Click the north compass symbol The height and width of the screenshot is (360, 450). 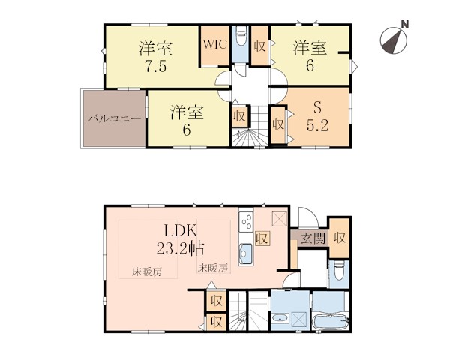(394, 40)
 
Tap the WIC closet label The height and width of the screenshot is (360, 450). (215, 44)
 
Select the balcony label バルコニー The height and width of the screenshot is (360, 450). (115, 118)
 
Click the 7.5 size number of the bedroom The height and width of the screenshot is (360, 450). (155, 67)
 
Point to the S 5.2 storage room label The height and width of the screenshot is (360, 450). (317, 117)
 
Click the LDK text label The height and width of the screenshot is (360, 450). (180, 230)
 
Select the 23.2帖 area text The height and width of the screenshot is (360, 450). (180, 248)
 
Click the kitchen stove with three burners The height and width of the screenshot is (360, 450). (246, 221)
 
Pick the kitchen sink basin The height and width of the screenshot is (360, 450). (246, 253)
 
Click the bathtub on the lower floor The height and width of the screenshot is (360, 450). (330, 322)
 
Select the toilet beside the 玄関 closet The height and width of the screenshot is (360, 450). (339, 271)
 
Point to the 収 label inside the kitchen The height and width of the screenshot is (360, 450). (262, 238)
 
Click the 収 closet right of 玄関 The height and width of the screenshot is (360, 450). (340, 238)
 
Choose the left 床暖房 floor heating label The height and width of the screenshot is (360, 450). (147, 271)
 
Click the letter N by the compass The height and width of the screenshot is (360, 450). (405, 25)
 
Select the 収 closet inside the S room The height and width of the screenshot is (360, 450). (278, 124)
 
